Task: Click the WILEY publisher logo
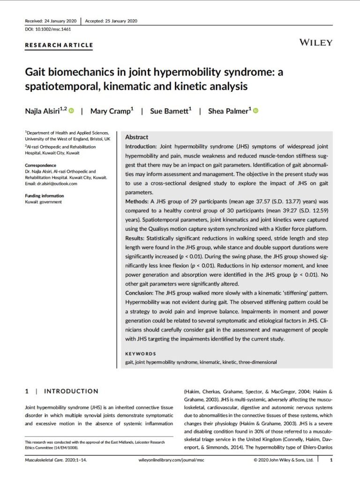pyautogui.click(x=316, y=43)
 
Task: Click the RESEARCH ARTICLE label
pyautogui.click(x=59, y=45)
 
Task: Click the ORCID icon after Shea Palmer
pyautogui.click(x=256, y=111)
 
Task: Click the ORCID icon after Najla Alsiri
pyautogui.click(x=71, y=111)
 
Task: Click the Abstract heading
pyautogui.click(x=136, y=137)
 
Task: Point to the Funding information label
pyautogui.click(x=45, y=196)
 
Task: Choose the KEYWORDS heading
pyautogui.click(x=141, y=354)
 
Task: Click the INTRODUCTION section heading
pyautogui.click(x=71, y=391)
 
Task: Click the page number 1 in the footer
pyautogui.click(x=331, y=461)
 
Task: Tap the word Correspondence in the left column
pyautogui.click(x=40, y=165)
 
